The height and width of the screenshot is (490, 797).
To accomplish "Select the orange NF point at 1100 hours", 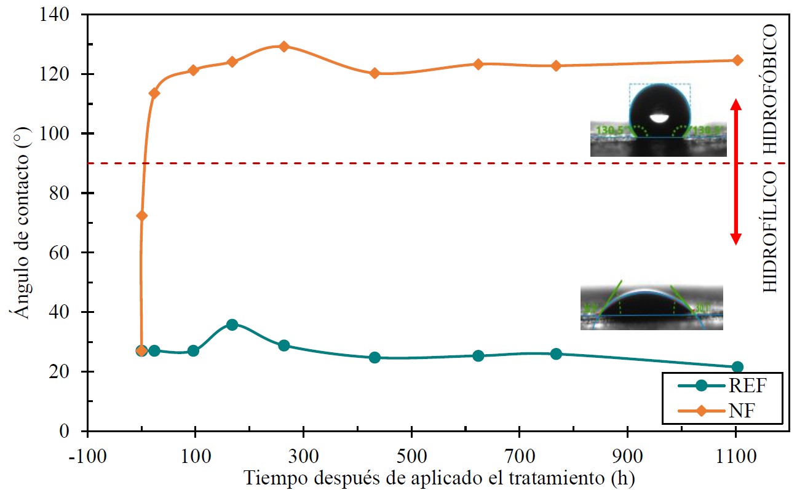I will [x=737, y=60].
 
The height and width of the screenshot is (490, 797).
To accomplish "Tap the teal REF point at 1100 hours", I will [x=737, y=367].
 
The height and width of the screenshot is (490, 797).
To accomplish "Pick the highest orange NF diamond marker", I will [x=284, y=46].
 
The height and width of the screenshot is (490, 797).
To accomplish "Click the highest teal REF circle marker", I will [x=232, y=325].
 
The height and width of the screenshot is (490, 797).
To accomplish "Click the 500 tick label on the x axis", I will [x=411, y=457].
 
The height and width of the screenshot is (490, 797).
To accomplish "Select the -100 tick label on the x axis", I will [x=88, y=457].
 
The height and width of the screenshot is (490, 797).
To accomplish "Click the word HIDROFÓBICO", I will [x=771, y=89].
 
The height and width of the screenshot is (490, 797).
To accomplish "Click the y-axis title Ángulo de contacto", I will [x=22, y=221].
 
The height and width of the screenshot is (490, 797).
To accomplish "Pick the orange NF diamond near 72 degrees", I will [x=142, y=215].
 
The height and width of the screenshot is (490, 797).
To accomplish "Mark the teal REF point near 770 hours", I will [x=556, y=354].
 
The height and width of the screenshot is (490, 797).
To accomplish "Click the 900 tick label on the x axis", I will [x=627, y=457].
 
